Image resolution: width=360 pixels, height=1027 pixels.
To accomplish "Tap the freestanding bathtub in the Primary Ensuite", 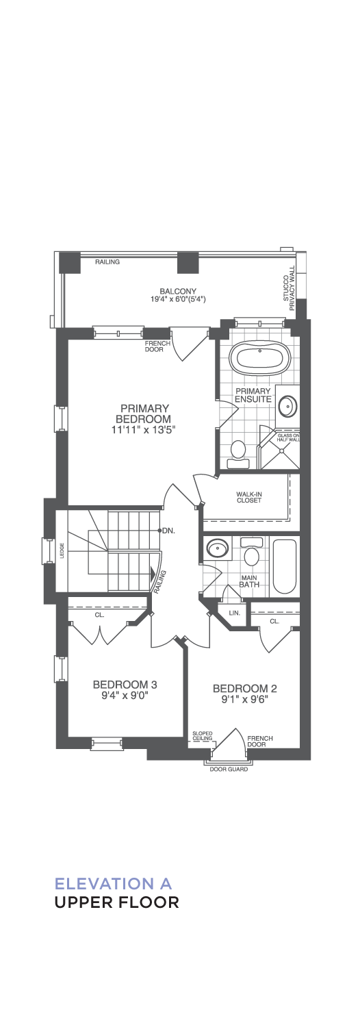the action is (259, 358).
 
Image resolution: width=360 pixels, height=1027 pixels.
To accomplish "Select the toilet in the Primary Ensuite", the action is (237, 454).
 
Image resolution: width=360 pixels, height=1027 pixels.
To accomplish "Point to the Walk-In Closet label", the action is (249, 497).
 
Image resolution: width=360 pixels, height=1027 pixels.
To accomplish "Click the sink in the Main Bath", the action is (217, 548).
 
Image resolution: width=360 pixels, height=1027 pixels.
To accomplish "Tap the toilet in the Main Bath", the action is (251, 552).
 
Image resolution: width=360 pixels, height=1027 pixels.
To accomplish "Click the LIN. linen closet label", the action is (234, 613).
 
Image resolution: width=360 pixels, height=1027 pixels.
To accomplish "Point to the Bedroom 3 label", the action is (125, 685).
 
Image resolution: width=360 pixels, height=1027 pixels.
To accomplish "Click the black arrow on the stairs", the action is (151, 573).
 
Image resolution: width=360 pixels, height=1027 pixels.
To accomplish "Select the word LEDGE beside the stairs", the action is (62, 550).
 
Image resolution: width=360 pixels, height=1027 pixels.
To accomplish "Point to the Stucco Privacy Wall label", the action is (288, 292).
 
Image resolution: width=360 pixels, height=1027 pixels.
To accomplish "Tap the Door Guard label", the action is (229, 769).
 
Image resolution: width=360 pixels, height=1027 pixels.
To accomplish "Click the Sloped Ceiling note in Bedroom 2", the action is (202, 735).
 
